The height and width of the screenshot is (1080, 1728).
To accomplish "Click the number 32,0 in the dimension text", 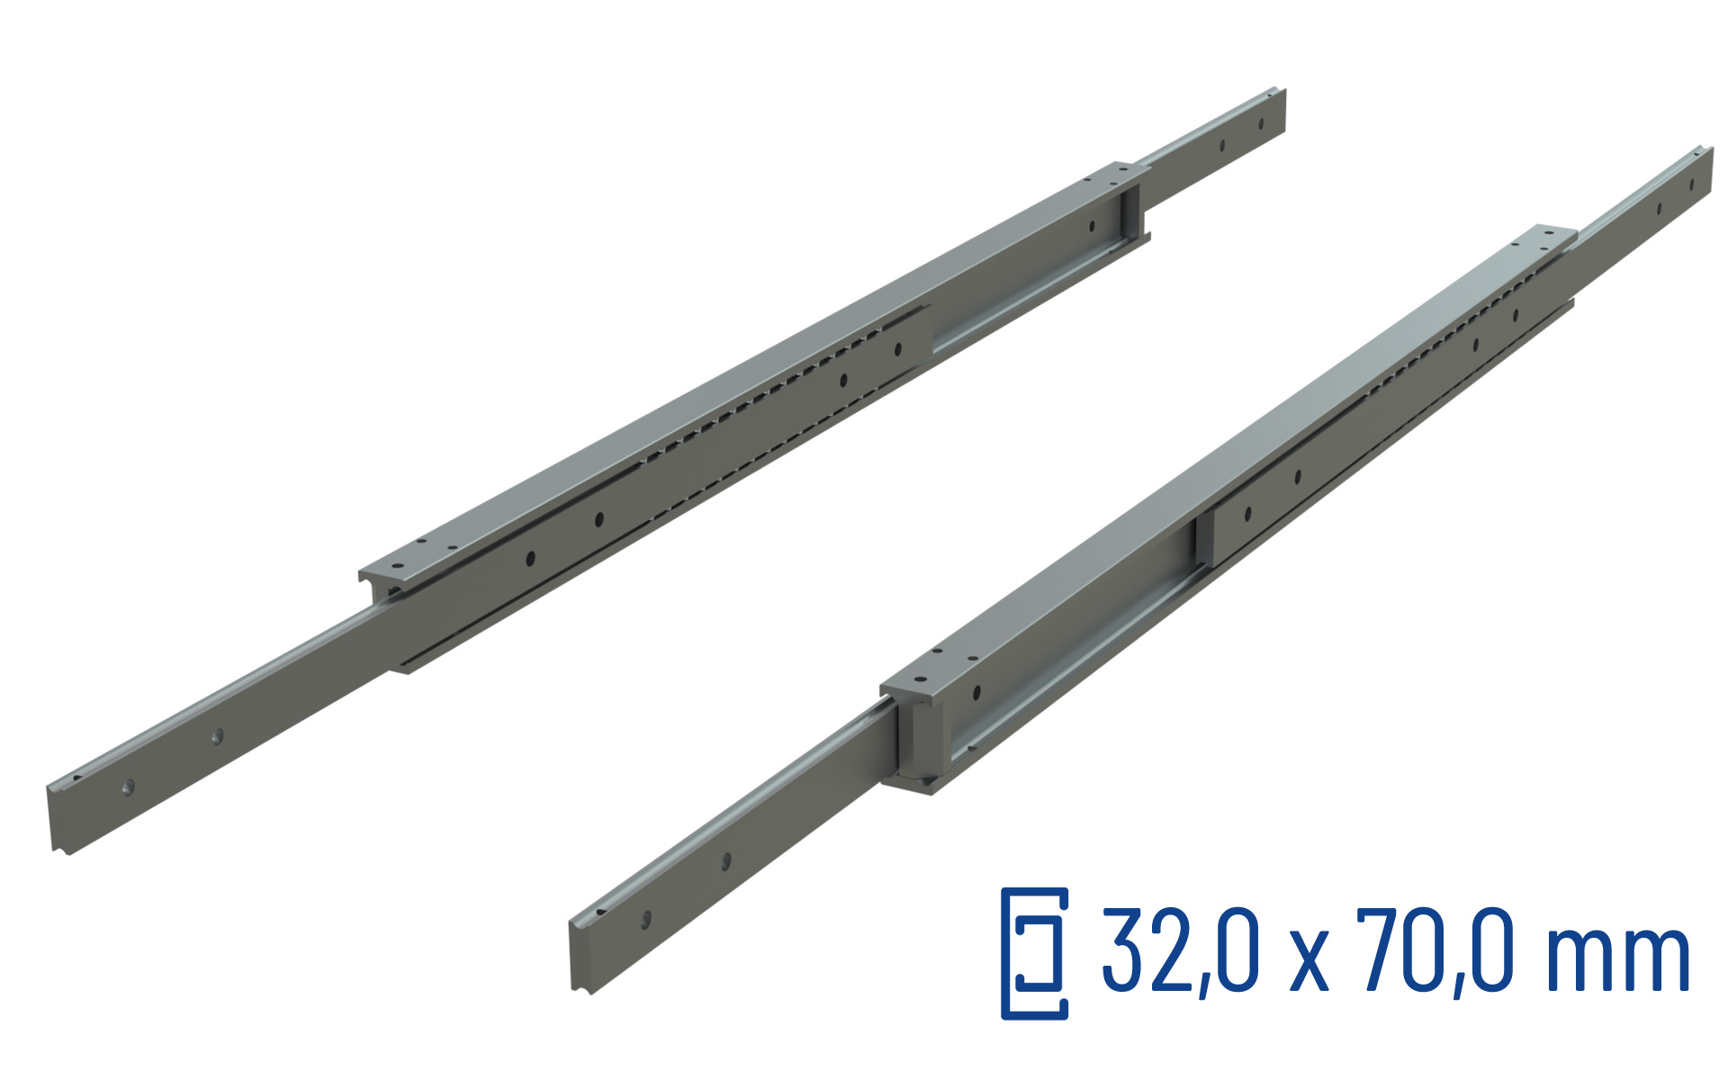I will [x=1179, y=952].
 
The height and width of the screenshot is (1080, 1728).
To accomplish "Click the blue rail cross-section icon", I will [x=1035, y=954].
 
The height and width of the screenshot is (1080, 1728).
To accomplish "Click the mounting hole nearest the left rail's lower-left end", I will [x=129, y=786].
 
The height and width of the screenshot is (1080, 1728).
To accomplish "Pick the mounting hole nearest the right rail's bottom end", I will [x=646, y=920].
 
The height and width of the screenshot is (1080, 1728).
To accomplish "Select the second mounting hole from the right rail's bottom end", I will [x=725, y=860].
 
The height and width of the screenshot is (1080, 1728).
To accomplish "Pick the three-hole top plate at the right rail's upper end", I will [x=1543, y=238].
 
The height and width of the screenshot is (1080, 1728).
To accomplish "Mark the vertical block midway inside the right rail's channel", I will [x=1202, y=541].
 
